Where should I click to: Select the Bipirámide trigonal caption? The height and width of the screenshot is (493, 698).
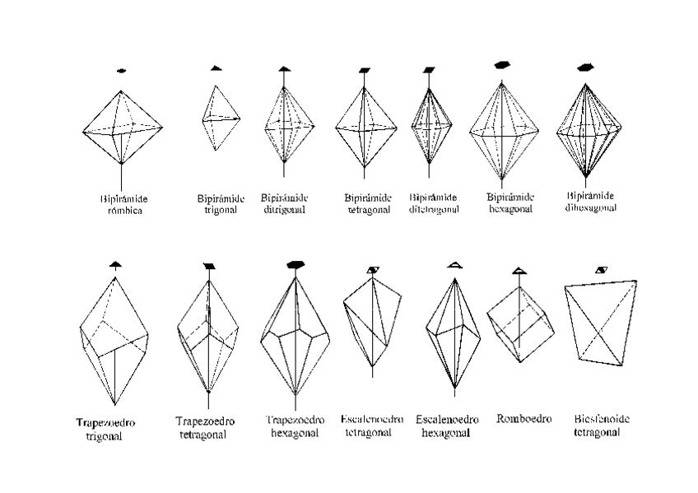tap(217, 204)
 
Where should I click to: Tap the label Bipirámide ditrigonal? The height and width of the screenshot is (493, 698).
tap(284, 203)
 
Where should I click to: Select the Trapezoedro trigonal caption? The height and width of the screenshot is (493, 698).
tap(105, 429)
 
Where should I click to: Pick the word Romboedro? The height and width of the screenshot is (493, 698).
tap(523, 419)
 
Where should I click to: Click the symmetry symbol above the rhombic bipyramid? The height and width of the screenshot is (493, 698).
tap(122, 71)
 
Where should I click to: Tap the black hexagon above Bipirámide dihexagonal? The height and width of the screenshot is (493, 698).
tap(585, 67)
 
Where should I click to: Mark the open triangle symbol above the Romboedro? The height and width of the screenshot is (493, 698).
tap(518, 271)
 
